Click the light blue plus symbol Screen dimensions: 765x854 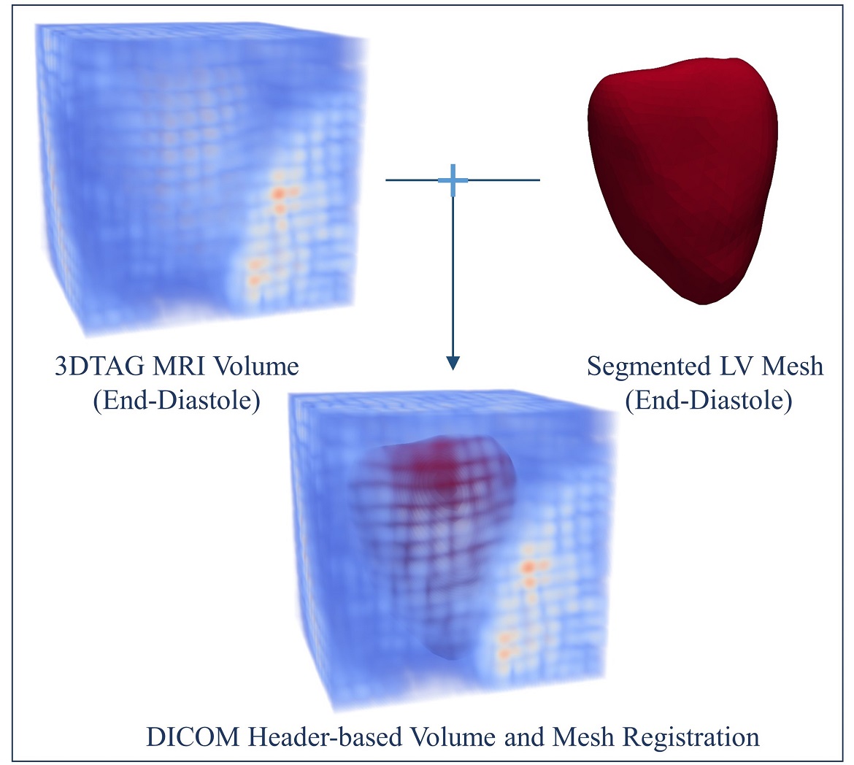coord(453,180)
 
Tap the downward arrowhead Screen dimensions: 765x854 coord(453,362)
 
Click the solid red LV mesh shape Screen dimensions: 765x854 coord(682,182)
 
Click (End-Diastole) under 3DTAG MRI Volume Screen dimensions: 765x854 coord(177,400)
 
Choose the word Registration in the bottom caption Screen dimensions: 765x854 coord(688,737)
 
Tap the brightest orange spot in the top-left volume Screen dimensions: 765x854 coord(278,193)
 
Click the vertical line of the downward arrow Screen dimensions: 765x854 coord(453,277)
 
